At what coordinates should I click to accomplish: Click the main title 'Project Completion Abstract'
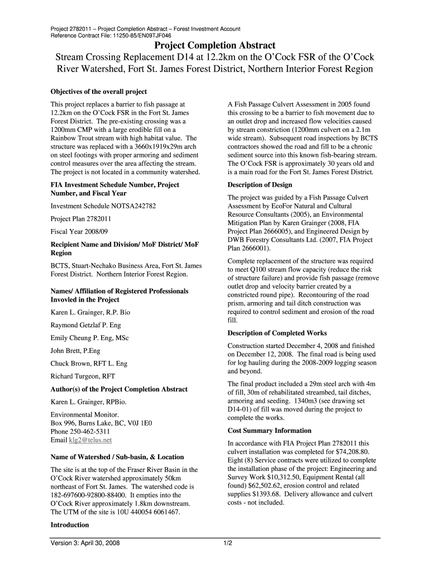[214, 45]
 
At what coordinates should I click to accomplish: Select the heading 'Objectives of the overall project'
[99, 92]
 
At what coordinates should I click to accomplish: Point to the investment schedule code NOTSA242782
[129, 206]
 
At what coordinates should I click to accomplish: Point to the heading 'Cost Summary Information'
[269, 431]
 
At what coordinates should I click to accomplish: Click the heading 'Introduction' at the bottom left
[70, 525]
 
